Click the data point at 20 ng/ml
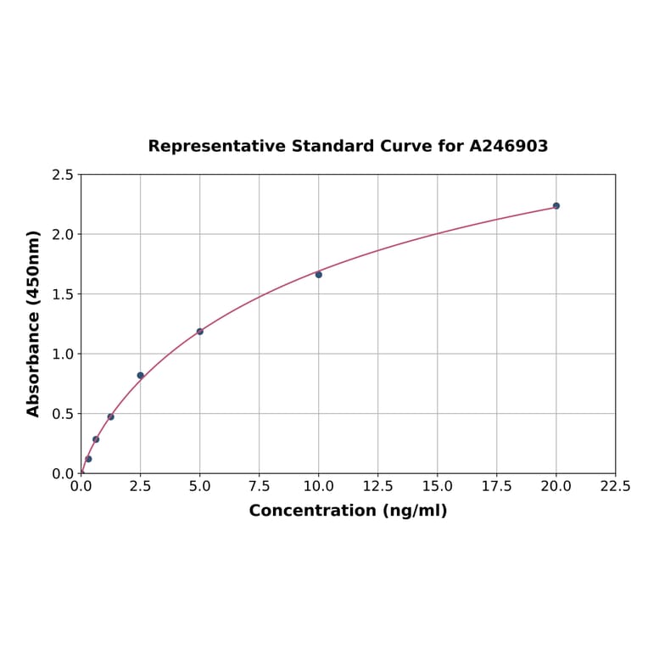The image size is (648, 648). point(556,206)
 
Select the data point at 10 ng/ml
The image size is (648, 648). point(319,275)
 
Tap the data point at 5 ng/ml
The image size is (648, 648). point(200,332)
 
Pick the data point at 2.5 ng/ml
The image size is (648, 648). point(141,376)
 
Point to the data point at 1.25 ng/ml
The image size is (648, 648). point(111,416)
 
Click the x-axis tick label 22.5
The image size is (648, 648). point(615,487)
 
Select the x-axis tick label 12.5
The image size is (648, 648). point(377,487)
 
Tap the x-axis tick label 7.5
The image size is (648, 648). point(259,487)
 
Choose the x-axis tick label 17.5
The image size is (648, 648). point(496,487)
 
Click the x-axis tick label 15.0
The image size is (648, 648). point(437,487)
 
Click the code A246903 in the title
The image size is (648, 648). point(509,146)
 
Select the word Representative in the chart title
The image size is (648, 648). point(216,146)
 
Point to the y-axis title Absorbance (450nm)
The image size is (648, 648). point(34,323)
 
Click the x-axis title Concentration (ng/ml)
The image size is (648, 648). point(348,511)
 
